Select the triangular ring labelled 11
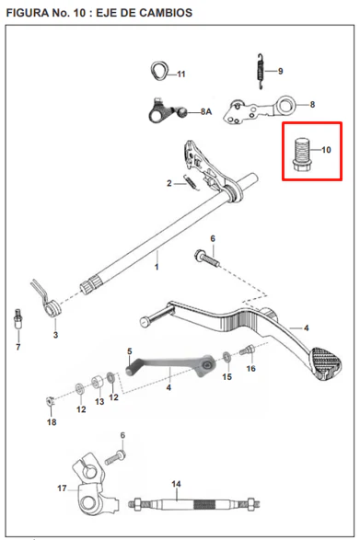(159, 71)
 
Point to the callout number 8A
(206, 112)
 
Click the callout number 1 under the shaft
(157, 267)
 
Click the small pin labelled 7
(17, 319)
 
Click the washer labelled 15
(226, 357)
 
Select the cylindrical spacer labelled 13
(98, 383)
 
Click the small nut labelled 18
(51, 401)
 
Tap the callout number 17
(62, 488)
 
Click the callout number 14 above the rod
(176, 484)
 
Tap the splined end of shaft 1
(90, 285)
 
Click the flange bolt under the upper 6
(207, 258)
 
